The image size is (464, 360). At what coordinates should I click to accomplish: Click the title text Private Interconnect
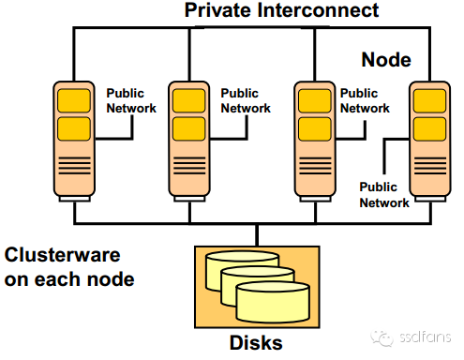pyautogui.click(x=280, y=11)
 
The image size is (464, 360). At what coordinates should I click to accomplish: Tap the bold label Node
pyautogui.click(x=386, y=59)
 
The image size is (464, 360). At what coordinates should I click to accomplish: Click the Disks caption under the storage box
pyautogui.click(x=256, y=342)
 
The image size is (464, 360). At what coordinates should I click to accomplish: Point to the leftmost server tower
pyautogui.click(x=75, y=142)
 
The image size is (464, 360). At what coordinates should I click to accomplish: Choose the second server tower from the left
pyautogui.click(x=190, y=142)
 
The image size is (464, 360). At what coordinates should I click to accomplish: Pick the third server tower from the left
pyautogui.click(x=316, y=142)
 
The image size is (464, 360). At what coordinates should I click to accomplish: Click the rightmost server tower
pyautogui.click(x=430, y=142)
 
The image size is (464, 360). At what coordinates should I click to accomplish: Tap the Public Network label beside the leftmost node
pyautogui.click(x=131, y=101)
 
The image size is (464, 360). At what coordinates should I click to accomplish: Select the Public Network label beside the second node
pyautogui.click(x=246, y=101)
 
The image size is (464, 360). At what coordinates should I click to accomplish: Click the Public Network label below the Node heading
pyautogui.click(x=365, y=101)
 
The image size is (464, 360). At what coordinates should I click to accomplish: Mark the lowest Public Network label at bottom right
pyautogui.click(x=384, y=195)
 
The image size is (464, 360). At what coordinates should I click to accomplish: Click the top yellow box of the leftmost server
pyautogui.click(x=75, y=99)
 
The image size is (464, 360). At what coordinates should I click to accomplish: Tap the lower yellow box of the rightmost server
pyautogui.click(x=430, y=127)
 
